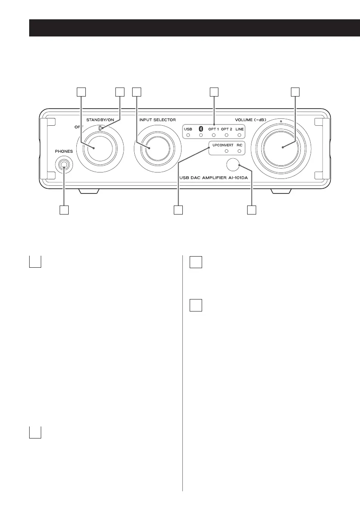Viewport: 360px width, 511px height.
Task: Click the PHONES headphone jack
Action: (x=64, y=164)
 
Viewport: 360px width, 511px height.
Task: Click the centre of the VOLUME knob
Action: (x=282, y=147)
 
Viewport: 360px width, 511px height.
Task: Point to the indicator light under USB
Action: (x=188, y=135)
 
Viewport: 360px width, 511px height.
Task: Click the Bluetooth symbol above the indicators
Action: (x=200, y=128)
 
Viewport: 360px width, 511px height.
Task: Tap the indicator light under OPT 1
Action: (x=213, y=135)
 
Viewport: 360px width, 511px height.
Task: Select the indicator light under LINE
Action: (x=239, y=135)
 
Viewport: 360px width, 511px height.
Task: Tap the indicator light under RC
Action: (x=239, y=151)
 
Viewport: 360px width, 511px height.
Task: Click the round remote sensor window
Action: (x=232, y=164)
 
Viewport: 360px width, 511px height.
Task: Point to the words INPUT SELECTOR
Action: (x=157, y=119)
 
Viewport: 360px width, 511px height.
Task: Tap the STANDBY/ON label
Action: (x=100, y=119)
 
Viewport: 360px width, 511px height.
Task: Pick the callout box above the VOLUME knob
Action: (x=294, y=92)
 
